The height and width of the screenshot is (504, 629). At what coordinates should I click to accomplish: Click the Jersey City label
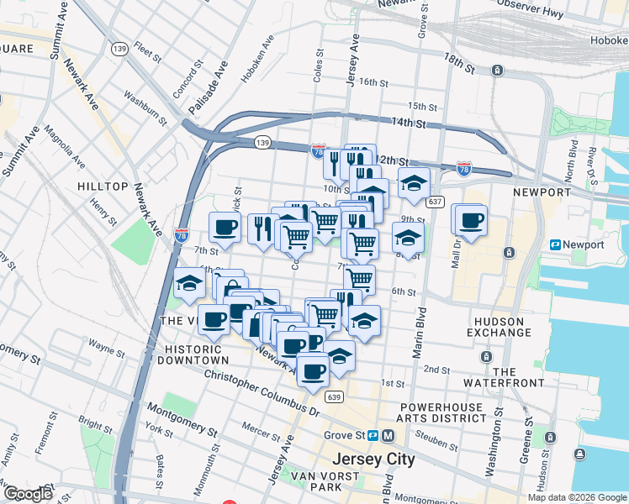[x=373, y=459]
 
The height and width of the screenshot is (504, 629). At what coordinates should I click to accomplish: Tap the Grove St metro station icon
[x=388, y=436]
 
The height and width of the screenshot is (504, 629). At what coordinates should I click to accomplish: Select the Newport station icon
[x=556, y=244]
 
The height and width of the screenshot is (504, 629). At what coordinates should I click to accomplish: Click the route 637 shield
[x=435, y=202]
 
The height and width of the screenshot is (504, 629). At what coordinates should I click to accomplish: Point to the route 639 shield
[x=335, y=396]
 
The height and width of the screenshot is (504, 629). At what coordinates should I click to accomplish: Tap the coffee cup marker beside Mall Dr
[x=472, y=220]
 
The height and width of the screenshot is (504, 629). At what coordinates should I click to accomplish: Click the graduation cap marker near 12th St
[x=413, y=183]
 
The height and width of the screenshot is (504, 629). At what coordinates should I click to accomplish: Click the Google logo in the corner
[x=27, y=494]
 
